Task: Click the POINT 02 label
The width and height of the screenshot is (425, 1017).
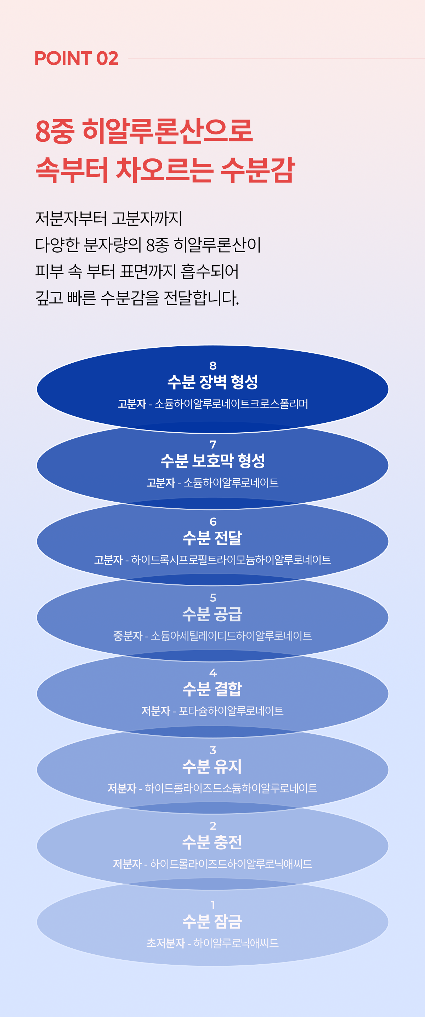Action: coord(76,58)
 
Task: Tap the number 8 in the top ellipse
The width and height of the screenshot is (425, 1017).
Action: coord(213,365)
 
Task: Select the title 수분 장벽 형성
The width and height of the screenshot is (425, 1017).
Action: coord(213,382)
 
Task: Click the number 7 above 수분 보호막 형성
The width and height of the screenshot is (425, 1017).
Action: coord(213,445)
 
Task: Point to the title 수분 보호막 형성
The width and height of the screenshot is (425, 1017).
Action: coord(213,461)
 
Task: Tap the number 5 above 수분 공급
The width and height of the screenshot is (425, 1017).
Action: coord(213,598)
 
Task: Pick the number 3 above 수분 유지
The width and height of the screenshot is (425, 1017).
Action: coord(213,750)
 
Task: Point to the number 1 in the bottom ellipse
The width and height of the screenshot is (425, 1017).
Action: coord(213,905)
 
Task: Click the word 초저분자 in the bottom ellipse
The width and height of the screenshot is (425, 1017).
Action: coord(166,943)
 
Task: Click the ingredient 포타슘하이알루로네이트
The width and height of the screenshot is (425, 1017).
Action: coord(231,711)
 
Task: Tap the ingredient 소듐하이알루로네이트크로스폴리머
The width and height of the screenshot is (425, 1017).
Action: coord(231,404)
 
